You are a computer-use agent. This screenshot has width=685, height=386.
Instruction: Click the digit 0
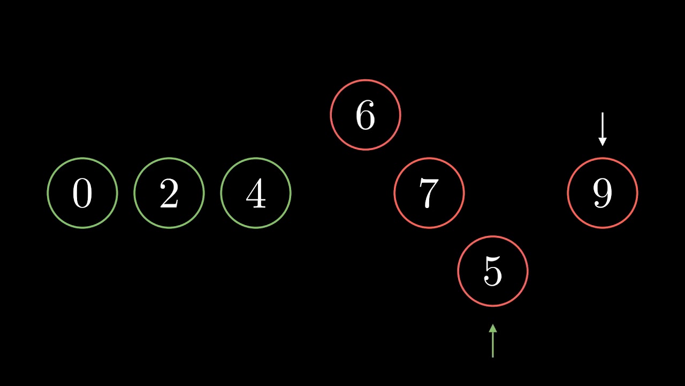[82, 194]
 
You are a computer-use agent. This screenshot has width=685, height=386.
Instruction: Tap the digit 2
[169, 194]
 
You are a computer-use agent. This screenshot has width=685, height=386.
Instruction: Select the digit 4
[256, 194]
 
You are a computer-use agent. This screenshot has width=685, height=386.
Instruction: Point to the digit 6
[366, 115]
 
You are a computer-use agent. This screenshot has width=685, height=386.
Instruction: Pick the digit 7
[429, 194]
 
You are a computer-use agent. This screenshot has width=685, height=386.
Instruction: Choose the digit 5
[493, 272]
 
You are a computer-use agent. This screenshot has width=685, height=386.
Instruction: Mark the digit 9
[603, 194]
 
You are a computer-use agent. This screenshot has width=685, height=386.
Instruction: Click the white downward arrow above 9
[603, 129]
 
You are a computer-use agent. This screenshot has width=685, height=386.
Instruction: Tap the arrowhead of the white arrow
[603, 142]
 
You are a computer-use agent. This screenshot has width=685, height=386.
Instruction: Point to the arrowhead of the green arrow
[493, 328]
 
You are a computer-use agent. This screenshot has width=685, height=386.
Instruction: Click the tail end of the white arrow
[603, 114]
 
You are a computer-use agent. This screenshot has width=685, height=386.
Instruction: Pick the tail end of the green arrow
[493, 356]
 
